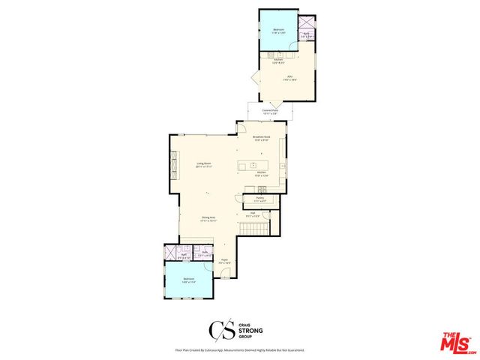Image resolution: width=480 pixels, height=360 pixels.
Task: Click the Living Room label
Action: [x=202, y=163]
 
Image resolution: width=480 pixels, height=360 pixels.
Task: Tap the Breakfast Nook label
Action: [x=261, y=137]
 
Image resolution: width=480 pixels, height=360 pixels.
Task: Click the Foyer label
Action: [x=223, y=260]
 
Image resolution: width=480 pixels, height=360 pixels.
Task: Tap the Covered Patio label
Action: [x=271, y=110]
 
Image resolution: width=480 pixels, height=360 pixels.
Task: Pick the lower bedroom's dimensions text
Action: [x=188, y=283]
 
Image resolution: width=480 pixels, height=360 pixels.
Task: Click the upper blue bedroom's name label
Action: [x=279, y=29]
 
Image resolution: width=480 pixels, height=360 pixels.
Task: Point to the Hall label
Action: [x=254, y=213]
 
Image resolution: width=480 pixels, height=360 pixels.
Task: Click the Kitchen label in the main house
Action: [x=261, y=172]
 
